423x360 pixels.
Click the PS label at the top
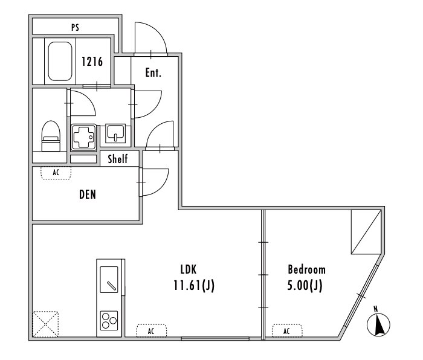(x=76, y=28)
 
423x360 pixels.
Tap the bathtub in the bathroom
(x=60, y=61)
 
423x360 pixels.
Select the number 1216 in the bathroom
(x=92, y=62)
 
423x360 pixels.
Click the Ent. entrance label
(x=153, y=72)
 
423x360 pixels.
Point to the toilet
(x=51, y=136)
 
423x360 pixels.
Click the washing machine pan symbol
(x=83, y=137)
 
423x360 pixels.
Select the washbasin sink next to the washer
(x=115, y=133)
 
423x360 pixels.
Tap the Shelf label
(x=118, y=159)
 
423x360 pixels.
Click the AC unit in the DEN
(x=56, y=173)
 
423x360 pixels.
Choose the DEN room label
(x=88, y=194)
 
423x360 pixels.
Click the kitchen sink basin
(x=109, y=280)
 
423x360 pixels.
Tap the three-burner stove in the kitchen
(x=109, y=320)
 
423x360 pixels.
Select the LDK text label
(x=189, y=269)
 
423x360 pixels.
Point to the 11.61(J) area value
(x=194, y=285)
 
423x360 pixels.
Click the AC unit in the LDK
(x=151, y=330)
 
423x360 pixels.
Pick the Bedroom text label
(x=307, y=269)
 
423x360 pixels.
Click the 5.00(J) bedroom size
(x=305, y=285)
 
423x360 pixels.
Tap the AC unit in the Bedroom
(x=287, y=330)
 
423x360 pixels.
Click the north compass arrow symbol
(x=378, y=322)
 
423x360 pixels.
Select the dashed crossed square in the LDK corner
(x=45, y=324)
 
